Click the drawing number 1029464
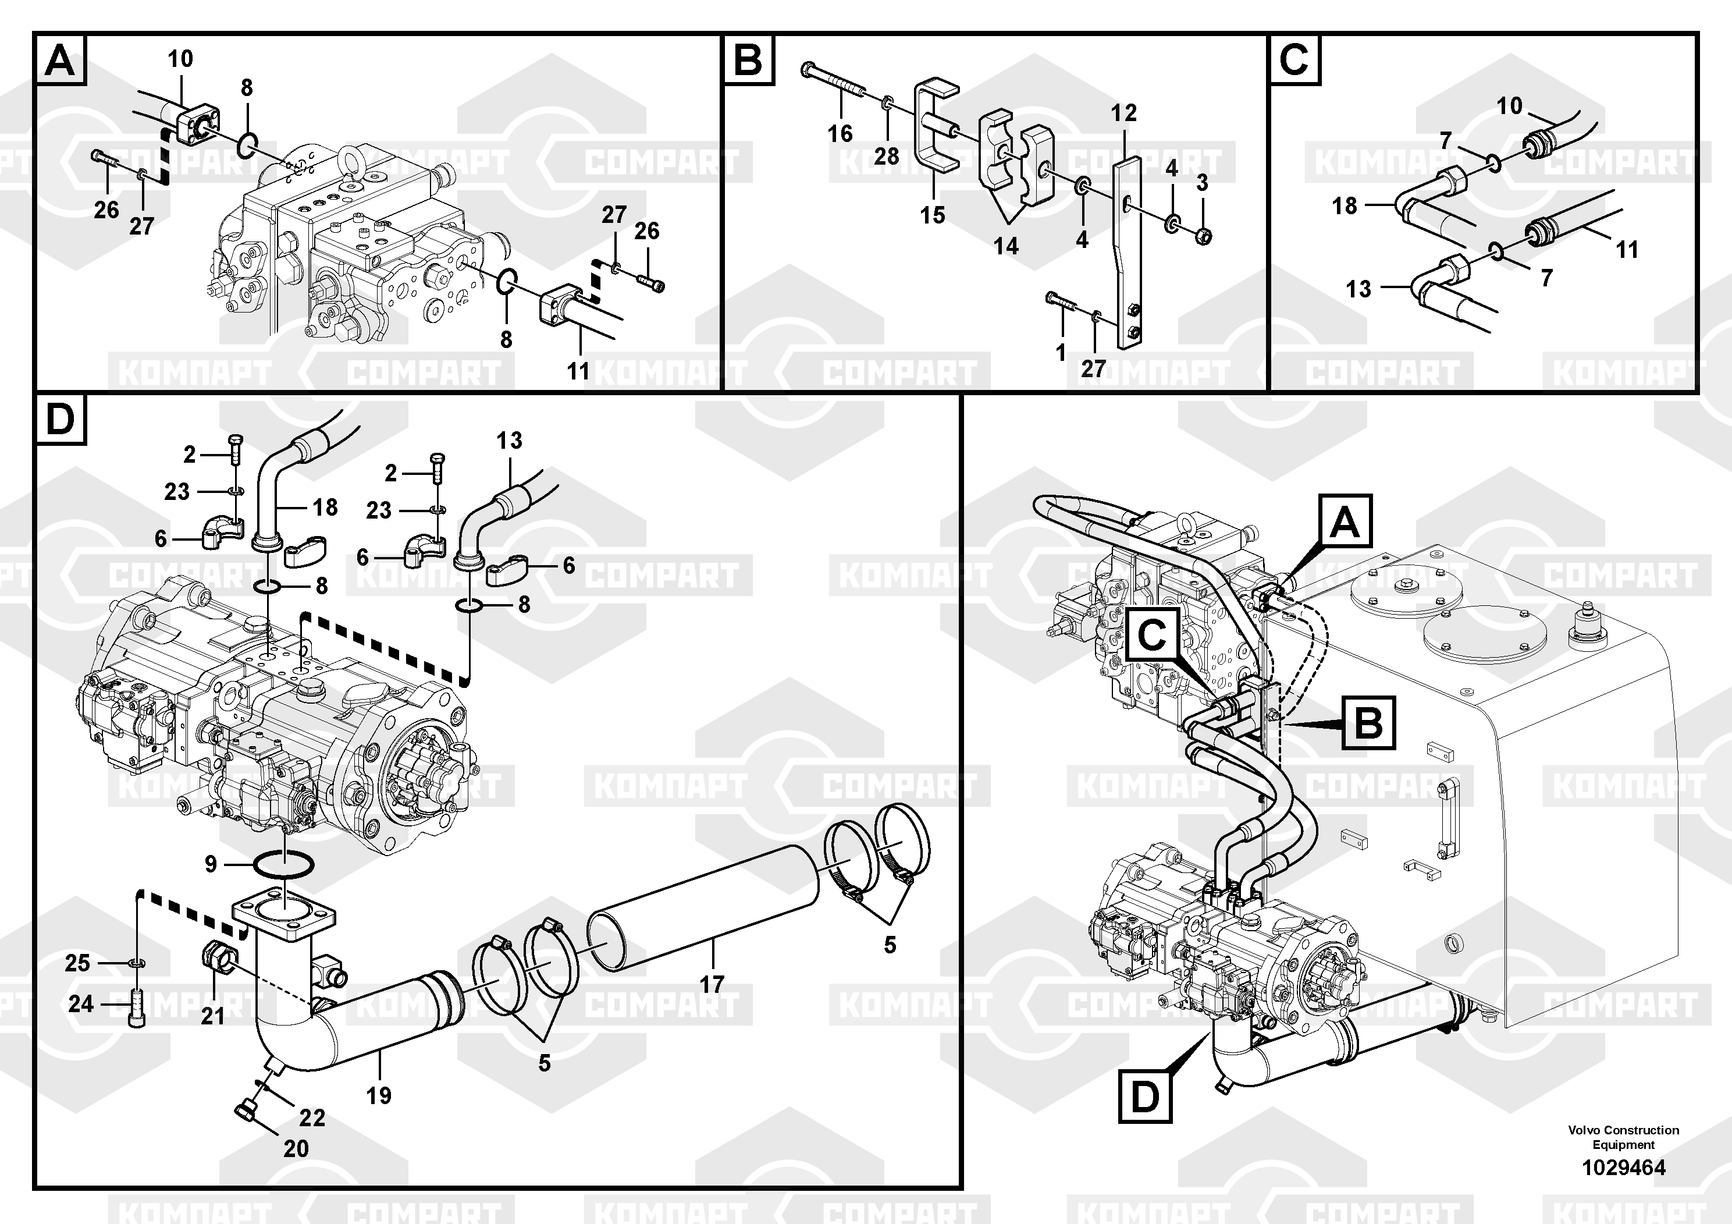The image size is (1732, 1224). [x=1623, y=1168]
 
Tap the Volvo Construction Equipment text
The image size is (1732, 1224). [x=1623, y=1137]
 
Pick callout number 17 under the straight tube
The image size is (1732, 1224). [x=712, y=984]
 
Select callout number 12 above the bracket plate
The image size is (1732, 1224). [x=1123, y=113]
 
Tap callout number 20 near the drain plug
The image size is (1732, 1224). [x=296, y=1148]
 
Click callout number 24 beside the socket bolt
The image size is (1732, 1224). [x=81, y=1003]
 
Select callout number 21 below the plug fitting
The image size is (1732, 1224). [x=213, y=1016]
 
